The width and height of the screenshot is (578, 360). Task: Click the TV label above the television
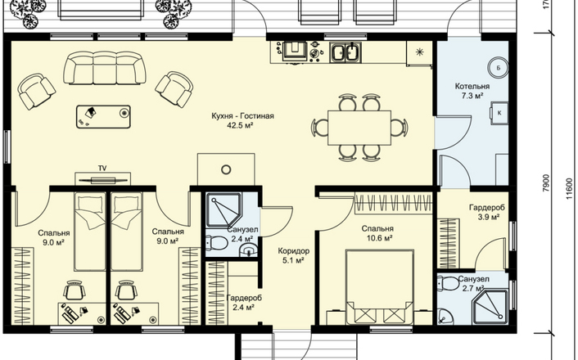click(x=102, y=169)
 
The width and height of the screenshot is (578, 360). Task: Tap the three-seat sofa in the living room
click(x=105, y=68)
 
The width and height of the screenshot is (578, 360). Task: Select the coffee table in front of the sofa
click(x=104, y=117)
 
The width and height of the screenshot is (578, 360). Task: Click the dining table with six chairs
click(x=359, y=128)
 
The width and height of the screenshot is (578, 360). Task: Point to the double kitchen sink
click(x=345, y=52)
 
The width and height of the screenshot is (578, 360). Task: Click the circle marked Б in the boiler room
click(x=499, y=68)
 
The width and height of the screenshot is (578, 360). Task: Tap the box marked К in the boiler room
click(x=499, y=113)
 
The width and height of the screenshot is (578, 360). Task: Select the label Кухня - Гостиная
click(x=242, y=116)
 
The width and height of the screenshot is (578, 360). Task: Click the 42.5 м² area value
click(x=240, y=126)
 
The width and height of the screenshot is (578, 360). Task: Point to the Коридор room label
click(x=293, y=251)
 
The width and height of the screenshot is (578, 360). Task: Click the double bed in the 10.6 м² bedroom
click(x=379, y=287)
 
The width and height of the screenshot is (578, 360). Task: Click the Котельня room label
click(x=472, y=86)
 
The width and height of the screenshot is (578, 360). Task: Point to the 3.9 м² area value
click(x=489, y=217)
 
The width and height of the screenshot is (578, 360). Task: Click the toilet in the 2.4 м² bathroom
click(x=216, y=243)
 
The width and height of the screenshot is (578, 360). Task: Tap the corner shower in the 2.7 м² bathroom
click(x=490, y=306)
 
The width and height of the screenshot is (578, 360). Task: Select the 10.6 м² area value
click(x=379, y=238)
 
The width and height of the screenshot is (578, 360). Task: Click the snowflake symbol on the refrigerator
click(x=419, y=52)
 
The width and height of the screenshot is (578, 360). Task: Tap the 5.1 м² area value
click(x=293, y=261)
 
